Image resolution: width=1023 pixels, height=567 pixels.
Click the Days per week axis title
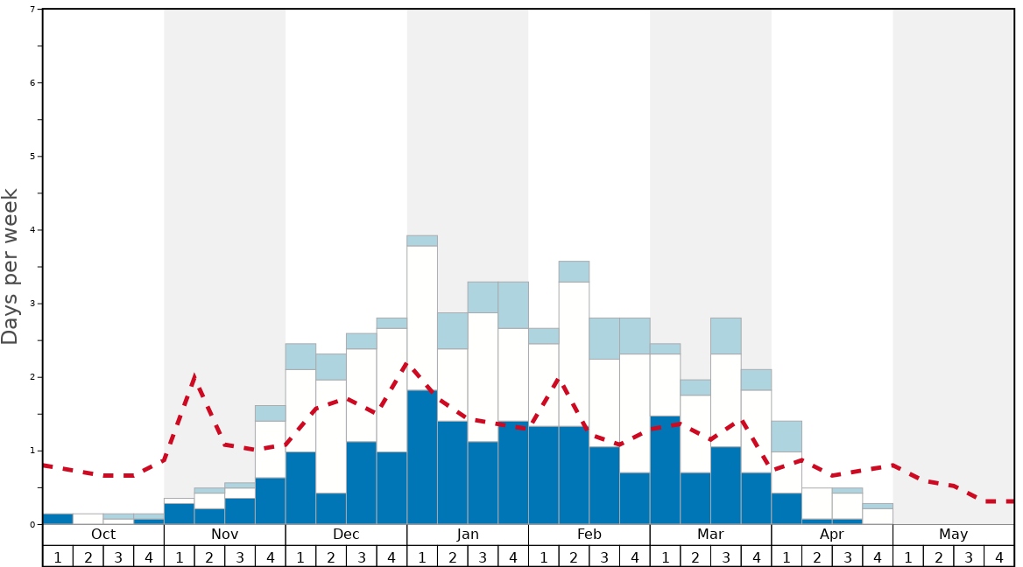[x=11, y=267]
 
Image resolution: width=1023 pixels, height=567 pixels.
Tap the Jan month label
[x=468, y=534]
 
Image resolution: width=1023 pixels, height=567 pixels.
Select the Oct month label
[x=103, y=534]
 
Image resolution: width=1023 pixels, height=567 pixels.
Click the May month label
[x=953, y=534]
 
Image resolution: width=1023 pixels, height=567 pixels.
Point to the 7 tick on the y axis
[x=32, y=9]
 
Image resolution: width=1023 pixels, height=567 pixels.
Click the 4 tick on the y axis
[x=32, y=230]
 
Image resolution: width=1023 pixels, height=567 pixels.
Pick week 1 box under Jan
[x=422, y=556]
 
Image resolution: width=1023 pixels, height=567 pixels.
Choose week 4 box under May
[x=998, y=556]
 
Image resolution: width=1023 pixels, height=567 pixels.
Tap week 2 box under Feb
[x=574, y=556]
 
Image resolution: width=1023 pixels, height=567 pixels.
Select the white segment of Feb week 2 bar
[x=574, y=353]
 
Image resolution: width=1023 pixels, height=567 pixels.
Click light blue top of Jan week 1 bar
[x=422, y=241]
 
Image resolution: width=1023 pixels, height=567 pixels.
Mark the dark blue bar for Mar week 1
[x=665, y=470]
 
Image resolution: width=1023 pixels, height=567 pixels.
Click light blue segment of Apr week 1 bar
[x=787, y=436]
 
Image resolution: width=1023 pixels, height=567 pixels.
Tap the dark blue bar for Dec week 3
[x=362, y=483]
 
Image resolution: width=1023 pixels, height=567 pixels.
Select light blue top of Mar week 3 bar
[x=725, y=335]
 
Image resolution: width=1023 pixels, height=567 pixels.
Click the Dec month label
[x=346, y=534]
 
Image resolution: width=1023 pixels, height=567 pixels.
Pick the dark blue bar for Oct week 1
[x=58, y=519]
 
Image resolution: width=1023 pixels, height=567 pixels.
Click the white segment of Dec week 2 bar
[x=331, y=436]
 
